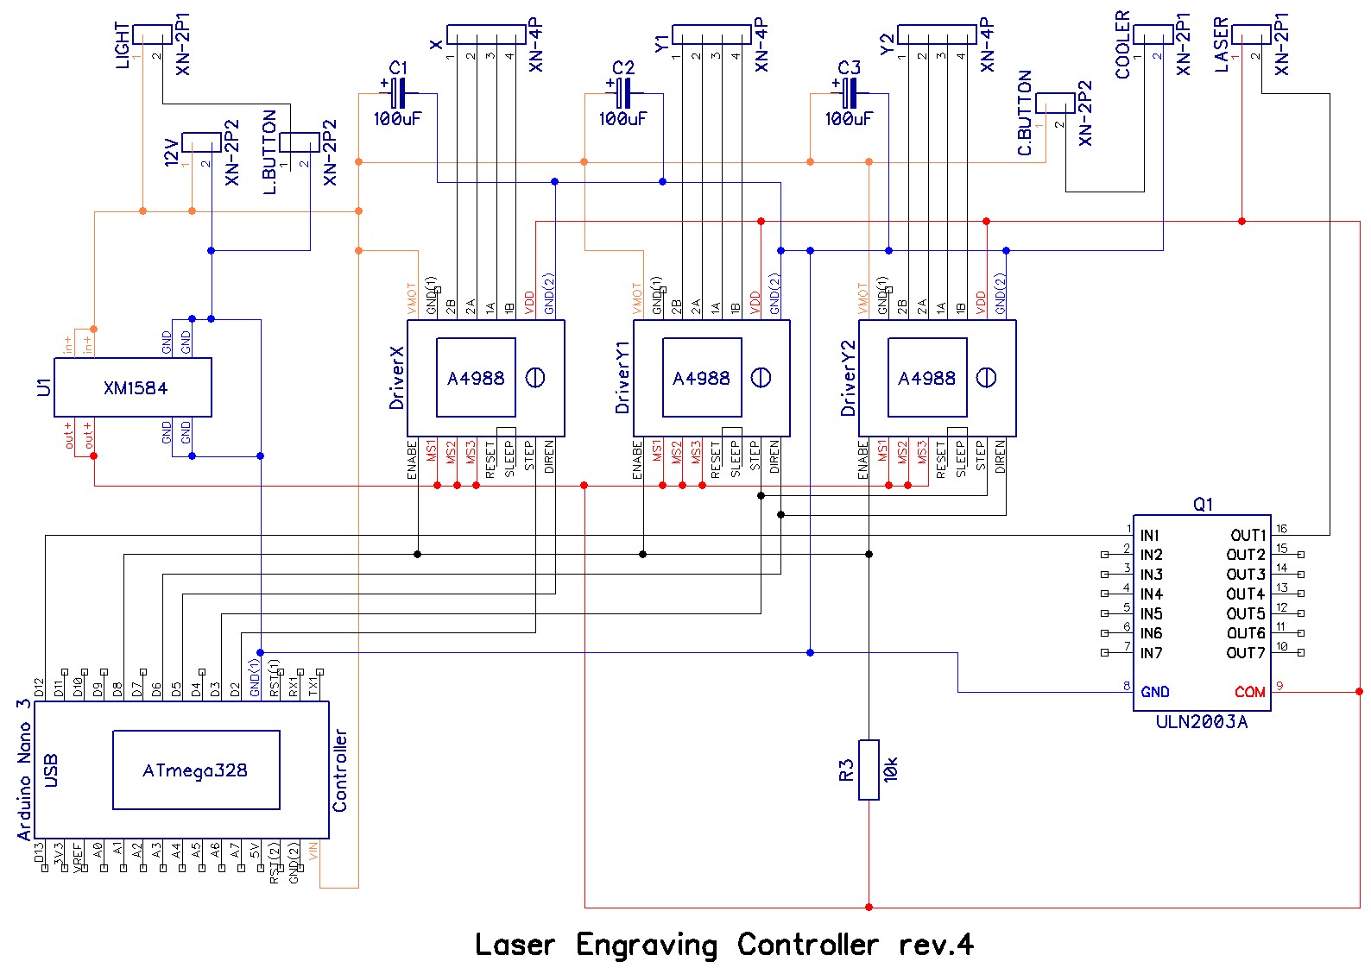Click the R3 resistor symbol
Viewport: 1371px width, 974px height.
pos(869,770)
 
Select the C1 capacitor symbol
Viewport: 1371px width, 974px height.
pos(398,93)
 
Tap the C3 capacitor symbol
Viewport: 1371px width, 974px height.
pos(850,93)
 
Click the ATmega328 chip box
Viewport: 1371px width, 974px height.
pos(196,770)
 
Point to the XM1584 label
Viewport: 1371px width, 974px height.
pos(136,388)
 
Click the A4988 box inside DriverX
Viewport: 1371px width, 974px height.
pos(476,378)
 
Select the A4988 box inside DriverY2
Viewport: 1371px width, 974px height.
pos(927,378)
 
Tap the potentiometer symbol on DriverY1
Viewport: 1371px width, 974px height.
pos(761,378)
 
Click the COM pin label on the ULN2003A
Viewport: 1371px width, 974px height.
pos(1249,692)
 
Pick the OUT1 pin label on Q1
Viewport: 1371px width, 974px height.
pos(1248,536)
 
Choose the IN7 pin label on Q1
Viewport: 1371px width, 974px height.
pos(1151,653)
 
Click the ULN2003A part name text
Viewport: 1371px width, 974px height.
pos(1202,722)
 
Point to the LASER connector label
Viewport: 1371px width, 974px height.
pos(1222,45)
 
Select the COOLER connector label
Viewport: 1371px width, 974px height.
pos(1123,45)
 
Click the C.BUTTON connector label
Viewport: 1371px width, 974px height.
pos(1025,113)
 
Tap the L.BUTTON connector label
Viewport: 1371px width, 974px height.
pos(269,152)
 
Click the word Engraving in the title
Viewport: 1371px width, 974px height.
pos(647,946)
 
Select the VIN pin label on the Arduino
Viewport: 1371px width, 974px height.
pos(313,851)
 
